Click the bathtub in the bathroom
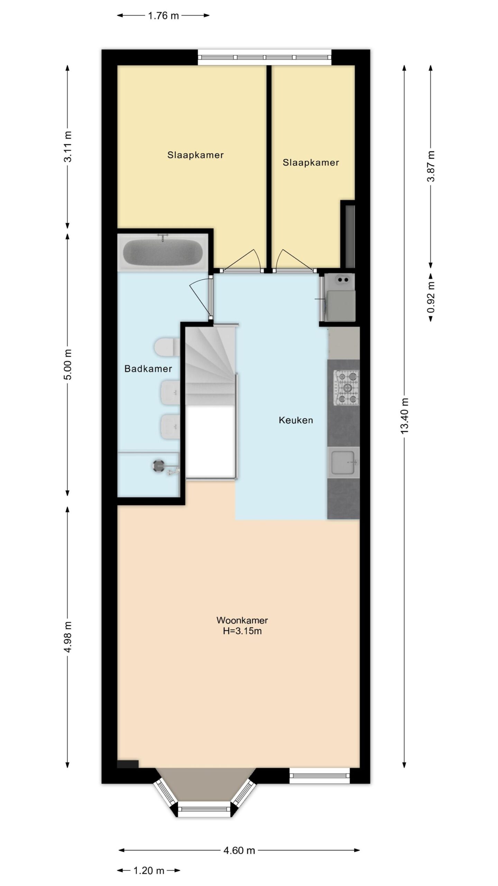[x=163, y=252]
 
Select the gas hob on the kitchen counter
[x=346, y=388]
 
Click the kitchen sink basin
[x=344, y=462]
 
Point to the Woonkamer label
[x=242, y=620]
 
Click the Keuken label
[x=296, y=420]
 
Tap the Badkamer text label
[x=148, y=369]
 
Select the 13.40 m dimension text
[x=405, y=415]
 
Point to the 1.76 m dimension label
[x=163, y=16]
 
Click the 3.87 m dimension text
[x=431, y=166]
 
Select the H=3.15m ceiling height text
[x=242, y=631]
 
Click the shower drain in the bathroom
[x=158, y=466]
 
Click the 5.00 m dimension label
[x=68, y=364]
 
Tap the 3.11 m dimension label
[x=68, y=146]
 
